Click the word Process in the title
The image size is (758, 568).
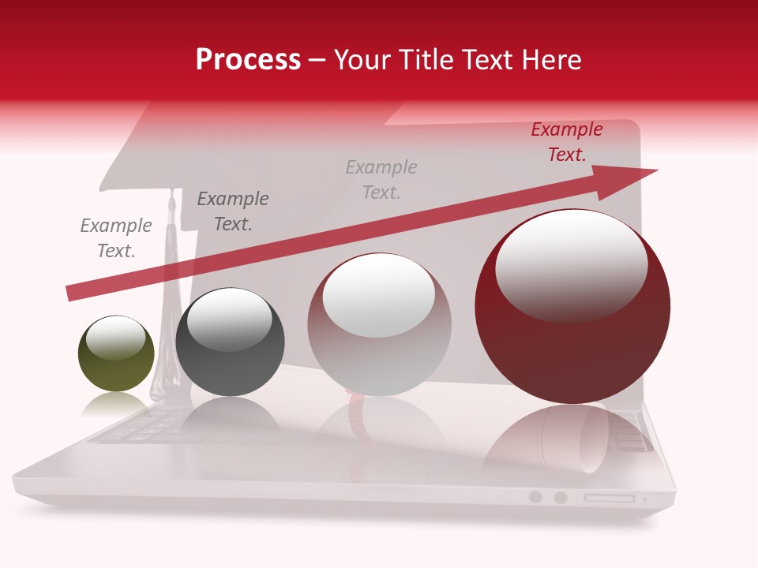[248, 60]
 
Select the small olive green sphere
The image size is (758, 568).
[116, 354]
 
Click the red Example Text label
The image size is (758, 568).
[566, 142]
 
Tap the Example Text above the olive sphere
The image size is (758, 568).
[116, 238]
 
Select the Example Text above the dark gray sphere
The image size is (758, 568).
[233, 211]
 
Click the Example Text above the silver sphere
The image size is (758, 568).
[381, 180]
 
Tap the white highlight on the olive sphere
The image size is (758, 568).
[115, 338]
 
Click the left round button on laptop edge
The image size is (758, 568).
[535, 497]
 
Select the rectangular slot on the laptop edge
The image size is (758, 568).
[609, 498]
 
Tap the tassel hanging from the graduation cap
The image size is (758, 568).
[169, 316]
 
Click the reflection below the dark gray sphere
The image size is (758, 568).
[229, 418]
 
